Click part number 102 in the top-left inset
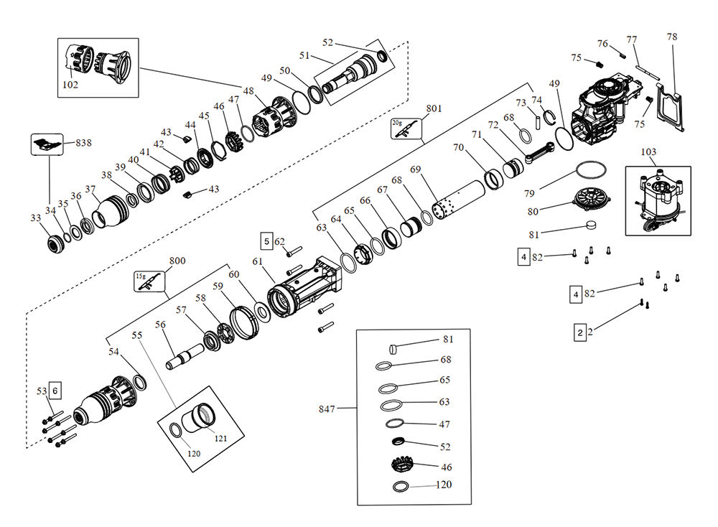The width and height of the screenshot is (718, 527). pos(70,85)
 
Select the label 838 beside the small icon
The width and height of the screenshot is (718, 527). pos(84,143)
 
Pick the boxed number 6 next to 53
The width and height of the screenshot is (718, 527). pos(56,391)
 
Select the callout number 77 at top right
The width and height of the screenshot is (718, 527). pos(632,39)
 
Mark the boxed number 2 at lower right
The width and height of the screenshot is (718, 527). pos(579,333)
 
